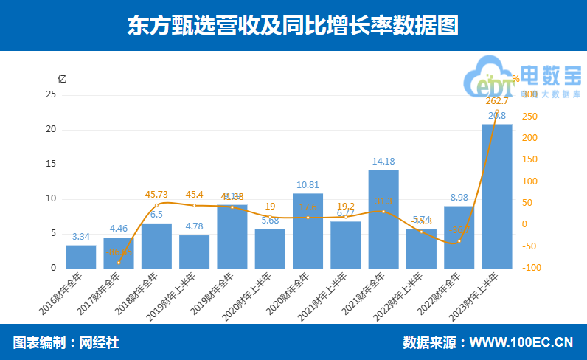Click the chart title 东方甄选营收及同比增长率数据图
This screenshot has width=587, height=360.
coord(293,26)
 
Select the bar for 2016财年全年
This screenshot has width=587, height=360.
coord(81,256)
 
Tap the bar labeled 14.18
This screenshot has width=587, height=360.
coord(383,219)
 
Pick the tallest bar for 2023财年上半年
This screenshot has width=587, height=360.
coord(497,195)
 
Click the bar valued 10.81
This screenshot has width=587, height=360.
coord(308,230)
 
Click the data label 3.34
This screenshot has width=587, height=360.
coord(81,237)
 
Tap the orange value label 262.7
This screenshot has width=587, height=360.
coord(497,101)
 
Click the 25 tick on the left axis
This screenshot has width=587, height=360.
coord(50,95)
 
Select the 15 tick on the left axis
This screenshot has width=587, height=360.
coord(50,165)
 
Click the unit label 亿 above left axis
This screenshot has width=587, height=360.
coord(62,78)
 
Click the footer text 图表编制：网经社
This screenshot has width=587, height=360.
coord(66,342)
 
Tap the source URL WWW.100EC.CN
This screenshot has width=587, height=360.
coord(521,342)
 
